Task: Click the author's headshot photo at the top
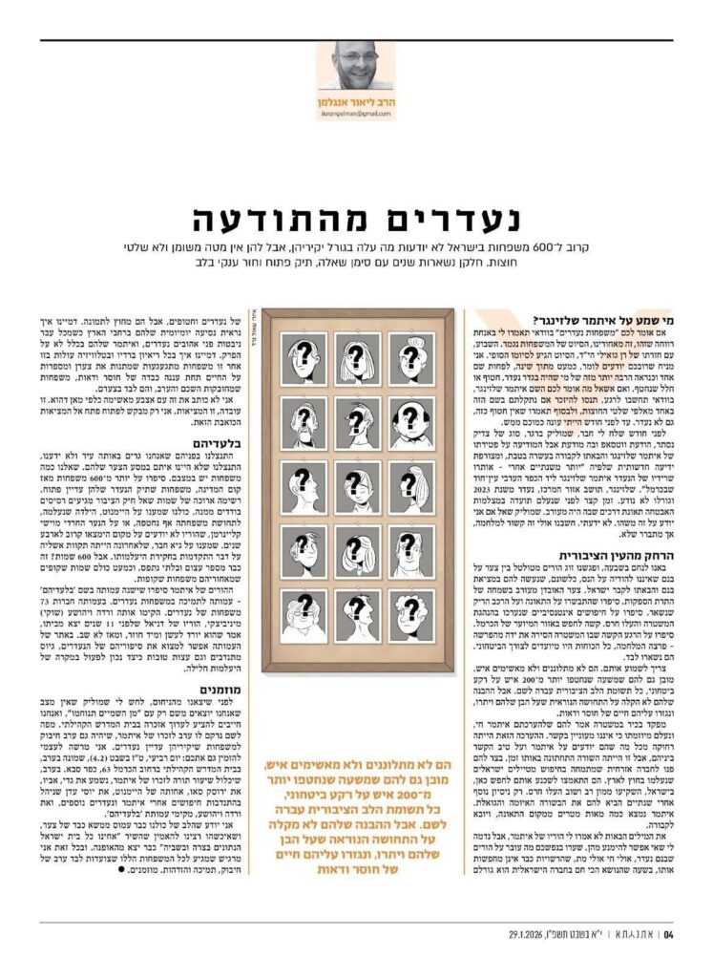click(x=355, y=66)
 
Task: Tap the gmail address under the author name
click(x=355, y=114)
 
